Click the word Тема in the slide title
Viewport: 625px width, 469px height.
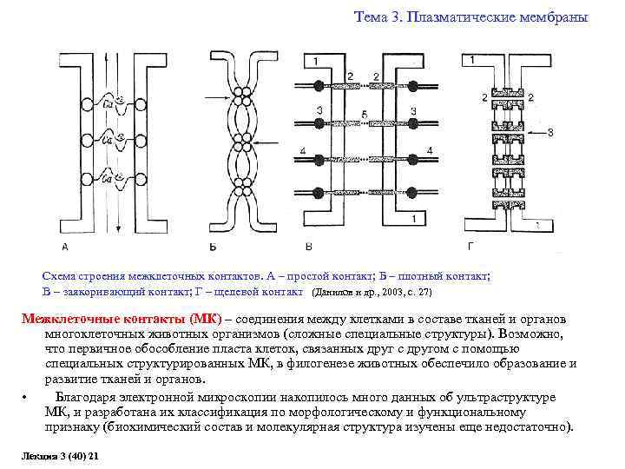click(x=371, y=17)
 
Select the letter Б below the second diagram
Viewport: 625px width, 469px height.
click(x=214, y=247)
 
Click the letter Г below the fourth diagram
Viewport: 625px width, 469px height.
click(x=470, y=246)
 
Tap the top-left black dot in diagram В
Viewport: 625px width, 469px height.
click(x=318, y=87)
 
